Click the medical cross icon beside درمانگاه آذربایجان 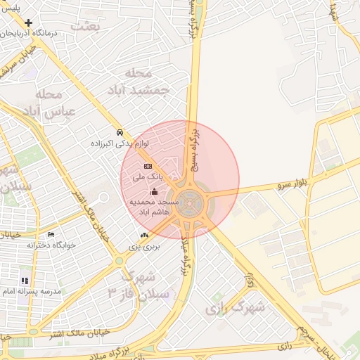pyautogui.click(x=28, y=22)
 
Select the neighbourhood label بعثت pyautogui.click(x=105, y=26)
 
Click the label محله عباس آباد pyautogui.click(x=51, y=103)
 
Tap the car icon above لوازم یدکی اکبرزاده pyautogui.click(x=120, y=132)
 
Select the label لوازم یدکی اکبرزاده pyautogui.click(x=120, y=143)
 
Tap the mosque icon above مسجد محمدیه pyautogui.click(x=155, y=192)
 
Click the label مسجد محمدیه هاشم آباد pyautogui.click(x=155, y=206)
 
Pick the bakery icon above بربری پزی pyautogui.click(x=144, y=236)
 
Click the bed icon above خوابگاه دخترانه pyautogui.click(x=50, y=234)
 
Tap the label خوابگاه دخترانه pyautogui.click(x=51, y=245)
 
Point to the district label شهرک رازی pyautogui.click(x=235, y=308)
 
